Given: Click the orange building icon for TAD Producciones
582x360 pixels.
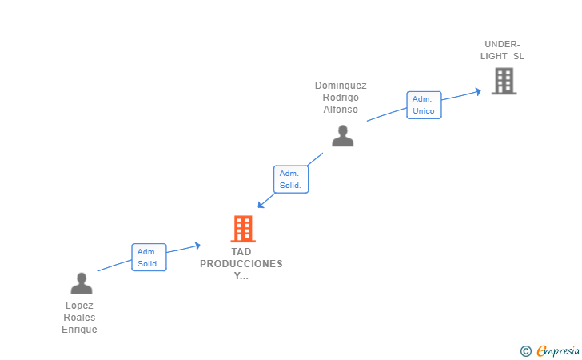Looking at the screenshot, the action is pos(243,229).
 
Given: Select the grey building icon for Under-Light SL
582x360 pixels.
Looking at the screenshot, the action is pos(504,81).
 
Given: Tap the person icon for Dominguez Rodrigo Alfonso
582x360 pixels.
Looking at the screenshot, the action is pos(343,136).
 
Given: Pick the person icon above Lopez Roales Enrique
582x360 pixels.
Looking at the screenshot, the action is pos(82,283).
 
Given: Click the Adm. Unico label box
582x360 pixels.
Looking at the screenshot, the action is pos(424,105).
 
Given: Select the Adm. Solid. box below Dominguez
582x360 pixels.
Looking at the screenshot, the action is pos(291,179).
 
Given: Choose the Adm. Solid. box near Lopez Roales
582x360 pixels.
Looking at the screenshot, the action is pos(149,258).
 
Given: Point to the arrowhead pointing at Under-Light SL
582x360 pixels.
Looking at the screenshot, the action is pos(478,91).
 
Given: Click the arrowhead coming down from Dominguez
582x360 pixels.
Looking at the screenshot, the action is pos(261,204).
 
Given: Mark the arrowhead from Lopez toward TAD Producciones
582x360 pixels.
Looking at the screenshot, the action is pos(197,246).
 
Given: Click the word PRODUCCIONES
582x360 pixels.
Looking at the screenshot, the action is pos(241,264).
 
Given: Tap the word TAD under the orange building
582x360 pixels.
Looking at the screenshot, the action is pos(241,252).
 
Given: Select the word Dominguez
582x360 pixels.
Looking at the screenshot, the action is pos(341,86).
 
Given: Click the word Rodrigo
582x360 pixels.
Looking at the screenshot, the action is pos(341,98).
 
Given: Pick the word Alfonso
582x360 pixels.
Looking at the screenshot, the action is pos(341,110).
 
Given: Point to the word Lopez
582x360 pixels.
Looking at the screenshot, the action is pos(79,306).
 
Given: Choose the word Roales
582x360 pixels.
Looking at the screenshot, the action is pos(79,318).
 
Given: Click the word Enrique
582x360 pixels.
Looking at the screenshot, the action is pos(79,330).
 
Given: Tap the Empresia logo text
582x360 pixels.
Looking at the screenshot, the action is pos(558,350).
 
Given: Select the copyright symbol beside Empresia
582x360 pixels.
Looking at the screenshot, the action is pos(526,351).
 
